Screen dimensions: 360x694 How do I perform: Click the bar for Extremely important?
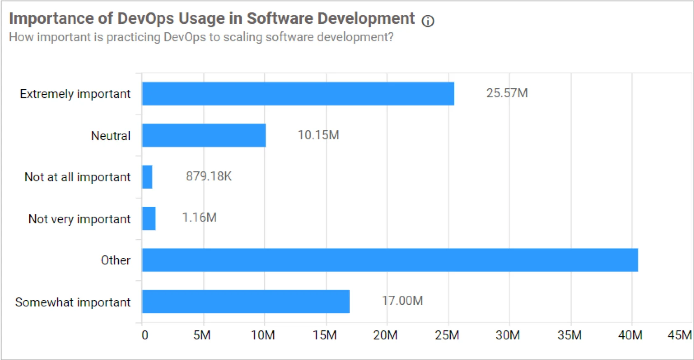298,94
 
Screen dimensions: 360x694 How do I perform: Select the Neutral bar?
204,135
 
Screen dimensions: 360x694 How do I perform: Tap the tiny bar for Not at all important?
147,177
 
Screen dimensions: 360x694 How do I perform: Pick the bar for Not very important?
149,218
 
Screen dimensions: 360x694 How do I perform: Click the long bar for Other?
390,260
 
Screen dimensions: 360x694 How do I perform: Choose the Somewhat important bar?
245,302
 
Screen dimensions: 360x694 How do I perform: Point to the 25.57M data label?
507,93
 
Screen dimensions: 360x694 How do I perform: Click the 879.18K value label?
208,176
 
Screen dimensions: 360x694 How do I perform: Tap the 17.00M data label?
402,301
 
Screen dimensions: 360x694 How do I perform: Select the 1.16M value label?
199,217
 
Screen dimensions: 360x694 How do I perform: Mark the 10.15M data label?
318,135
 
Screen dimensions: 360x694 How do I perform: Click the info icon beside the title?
428,21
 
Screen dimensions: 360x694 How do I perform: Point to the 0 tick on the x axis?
145,335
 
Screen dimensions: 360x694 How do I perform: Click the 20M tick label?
385,335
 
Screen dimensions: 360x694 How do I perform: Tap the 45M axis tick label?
679,335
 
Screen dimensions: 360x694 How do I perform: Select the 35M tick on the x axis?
569,335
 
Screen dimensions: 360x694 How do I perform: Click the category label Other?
115,260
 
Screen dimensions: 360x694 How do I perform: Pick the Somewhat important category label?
72,302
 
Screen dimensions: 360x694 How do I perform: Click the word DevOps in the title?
146,19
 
